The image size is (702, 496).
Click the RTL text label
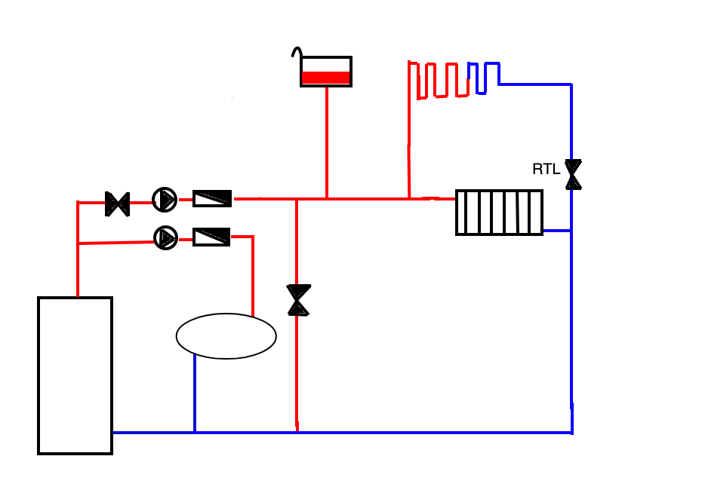pos(547,169)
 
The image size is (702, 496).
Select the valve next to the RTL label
pos(573,174)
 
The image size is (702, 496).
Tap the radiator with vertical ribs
pos(499,213)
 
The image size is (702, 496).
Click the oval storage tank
pos(226,336)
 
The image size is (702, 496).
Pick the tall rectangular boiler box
pos(75,375)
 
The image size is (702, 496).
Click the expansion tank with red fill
pos(326,72)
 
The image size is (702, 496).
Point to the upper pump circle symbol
pos(165,200)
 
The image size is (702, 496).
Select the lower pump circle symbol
pos(165,238)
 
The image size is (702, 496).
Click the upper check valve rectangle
pos(212,198)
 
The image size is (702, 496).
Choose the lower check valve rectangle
pos(211,237)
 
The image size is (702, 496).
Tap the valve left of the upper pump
pos(117,204)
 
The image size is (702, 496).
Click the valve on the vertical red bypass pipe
pos(299,300)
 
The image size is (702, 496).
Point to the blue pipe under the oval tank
pos(195,393)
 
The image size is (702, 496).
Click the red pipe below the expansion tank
pos(327,142)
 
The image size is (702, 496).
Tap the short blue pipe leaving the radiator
pos(557,231)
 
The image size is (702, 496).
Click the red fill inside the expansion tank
pos(326,78)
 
